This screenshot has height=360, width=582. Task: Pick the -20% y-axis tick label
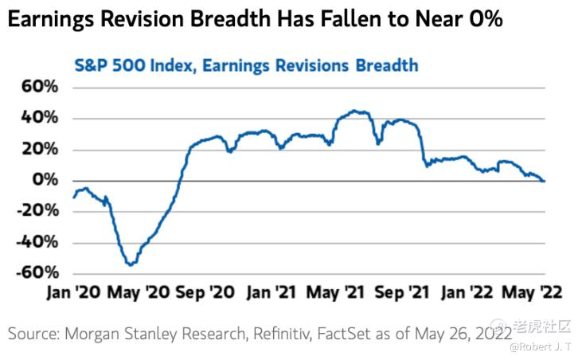[33, 211]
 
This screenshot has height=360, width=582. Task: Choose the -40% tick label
[33, 242]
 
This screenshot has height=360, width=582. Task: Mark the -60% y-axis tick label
[33, 272]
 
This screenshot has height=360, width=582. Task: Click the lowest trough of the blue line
[129, 264]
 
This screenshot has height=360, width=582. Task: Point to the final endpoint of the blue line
[545, 181]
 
